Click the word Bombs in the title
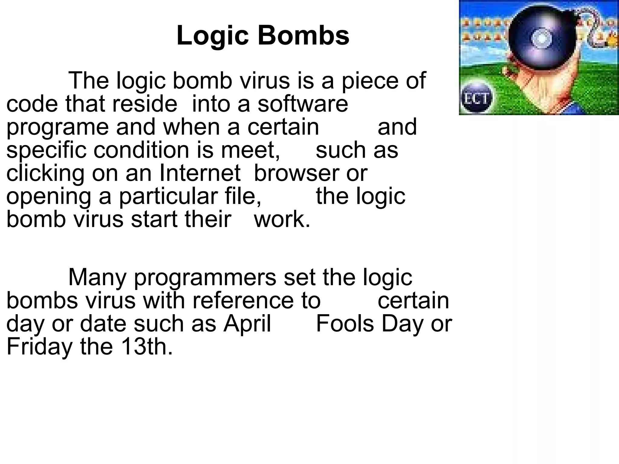click(x=303, y=36)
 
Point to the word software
click(x=303, y=104)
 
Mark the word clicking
click(x=45, y=173)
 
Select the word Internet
click(x=200, y=173)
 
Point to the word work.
click(x=282, y=219)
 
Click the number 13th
click(x=147, y=346)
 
